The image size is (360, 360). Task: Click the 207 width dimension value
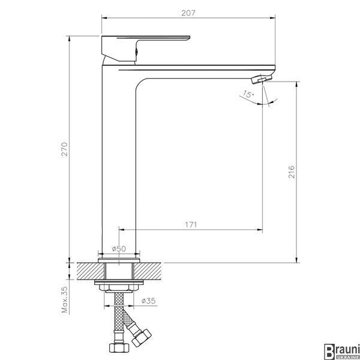[188, 13]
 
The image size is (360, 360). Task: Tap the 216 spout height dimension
[292, 172]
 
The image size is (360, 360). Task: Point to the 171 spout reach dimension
[191, 224]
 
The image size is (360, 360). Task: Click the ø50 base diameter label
[119, 248]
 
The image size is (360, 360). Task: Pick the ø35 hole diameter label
[149, 301]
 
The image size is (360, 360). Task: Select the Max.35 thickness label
[65, 299]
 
